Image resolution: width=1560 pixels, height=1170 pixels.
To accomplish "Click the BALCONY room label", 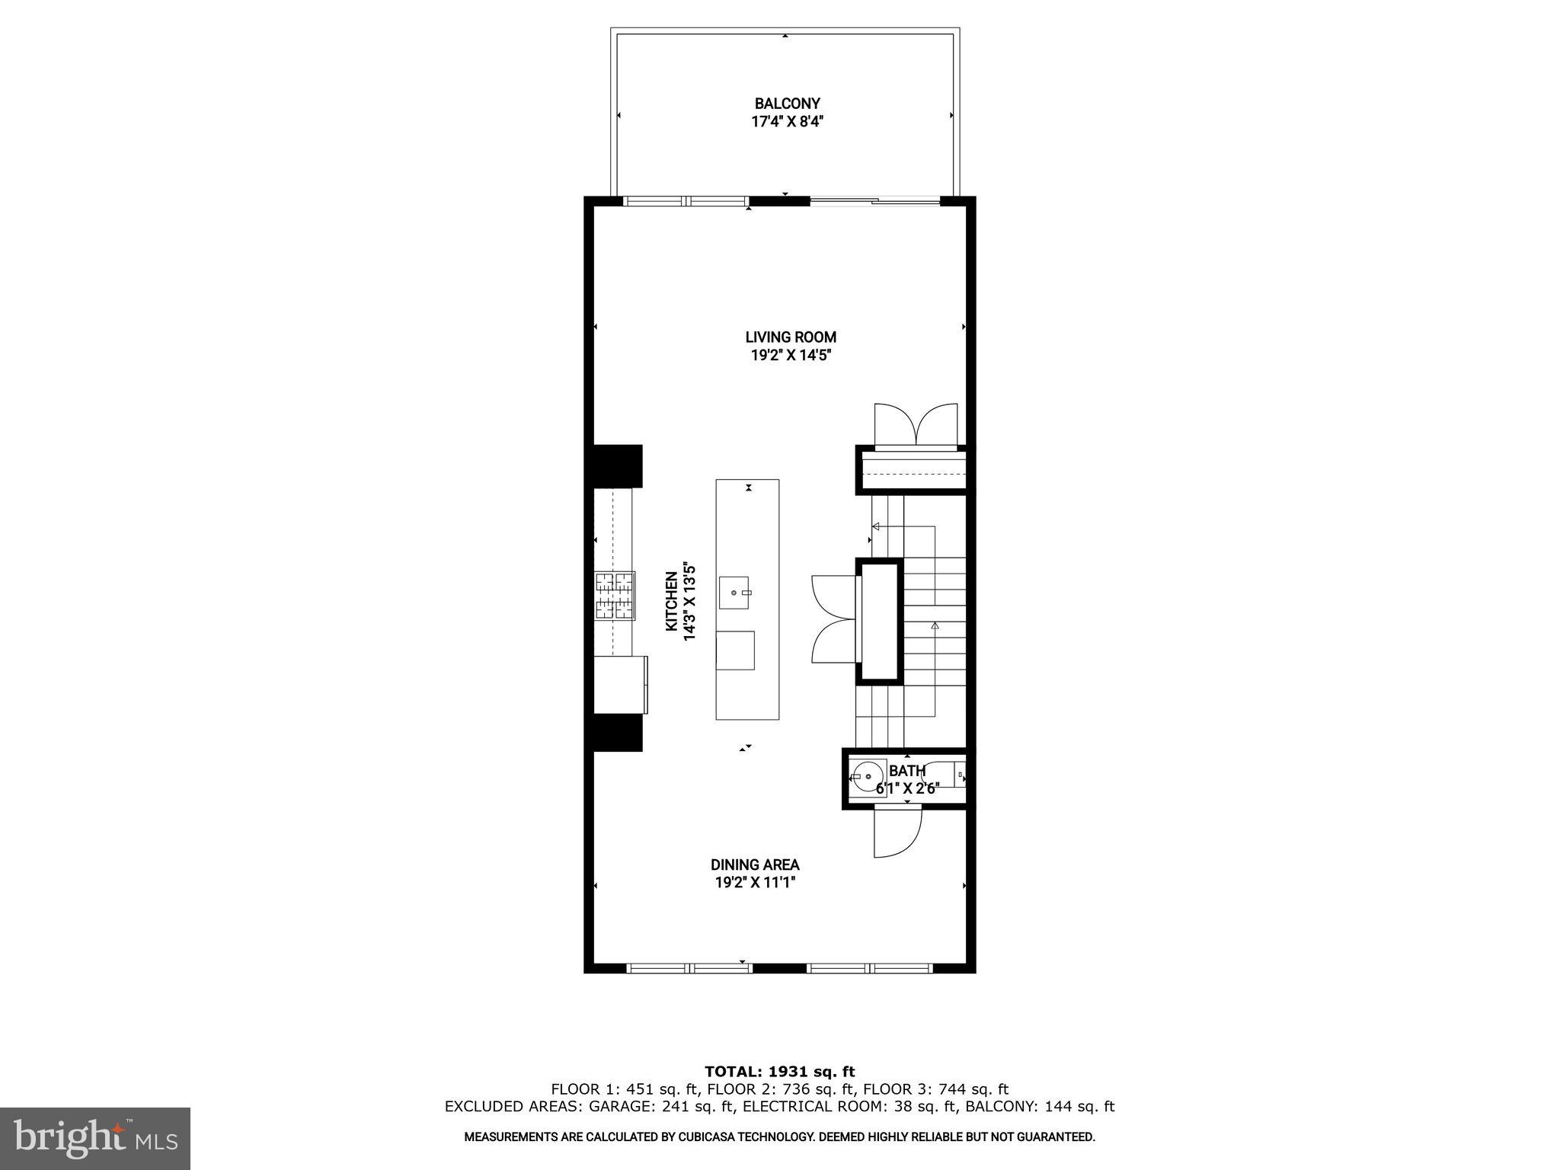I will (787, 104).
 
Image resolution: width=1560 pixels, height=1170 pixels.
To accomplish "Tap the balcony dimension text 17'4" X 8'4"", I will (787, 121).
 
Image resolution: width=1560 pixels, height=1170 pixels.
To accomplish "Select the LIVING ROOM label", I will (791, 337).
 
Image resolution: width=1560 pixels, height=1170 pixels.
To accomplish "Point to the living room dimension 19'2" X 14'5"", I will (791, 355).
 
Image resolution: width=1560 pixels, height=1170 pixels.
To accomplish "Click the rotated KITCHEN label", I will (672, 601).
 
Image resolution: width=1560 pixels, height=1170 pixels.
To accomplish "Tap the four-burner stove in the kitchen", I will (615, 595).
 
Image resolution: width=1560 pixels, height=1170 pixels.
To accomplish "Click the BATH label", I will (907, 771).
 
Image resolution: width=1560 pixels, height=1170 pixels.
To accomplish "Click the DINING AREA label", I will (755, 865).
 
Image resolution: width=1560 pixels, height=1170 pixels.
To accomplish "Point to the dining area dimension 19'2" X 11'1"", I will (755, 883).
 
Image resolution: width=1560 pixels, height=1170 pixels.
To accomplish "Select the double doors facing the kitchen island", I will (834, 619).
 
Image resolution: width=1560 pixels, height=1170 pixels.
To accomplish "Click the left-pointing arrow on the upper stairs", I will (876, 526).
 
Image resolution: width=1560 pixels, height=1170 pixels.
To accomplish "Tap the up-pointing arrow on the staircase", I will (935, 626).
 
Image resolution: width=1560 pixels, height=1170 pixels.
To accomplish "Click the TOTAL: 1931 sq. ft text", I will (779, 1072).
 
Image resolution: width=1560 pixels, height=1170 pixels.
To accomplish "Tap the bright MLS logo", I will (95, 1138).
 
